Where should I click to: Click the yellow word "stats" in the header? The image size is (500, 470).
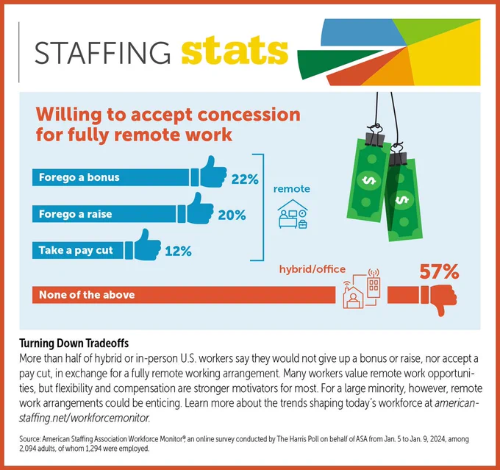point(235,50)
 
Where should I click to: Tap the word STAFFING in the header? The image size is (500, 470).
point(102,53)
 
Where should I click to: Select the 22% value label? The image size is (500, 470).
point(245,179)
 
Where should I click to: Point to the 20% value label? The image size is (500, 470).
point(232,216)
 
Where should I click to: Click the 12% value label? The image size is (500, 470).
point(178,252)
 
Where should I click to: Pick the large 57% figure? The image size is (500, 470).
point(439,272)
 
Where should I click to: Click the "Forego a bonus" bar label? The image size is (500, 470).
point(79,177)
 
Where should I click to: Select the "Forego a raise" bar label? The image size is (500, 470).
point(75,214)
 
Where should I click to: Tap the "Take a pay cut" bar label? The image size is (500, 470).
point(76,250)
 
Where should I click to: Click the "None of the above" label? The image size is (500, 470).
point(87,294)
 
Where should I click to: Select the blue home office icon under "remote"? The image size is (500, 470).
point(293,214)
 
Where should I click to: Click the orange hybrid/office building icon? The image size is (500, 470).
point(362,289)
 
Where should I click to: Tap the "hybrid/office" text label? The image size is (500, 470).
point(312,269)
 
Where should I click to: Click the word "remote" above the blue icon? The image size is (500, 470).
point(291,189)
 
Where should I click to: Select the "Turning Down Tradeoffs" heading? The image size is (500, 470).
point(74,343)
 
